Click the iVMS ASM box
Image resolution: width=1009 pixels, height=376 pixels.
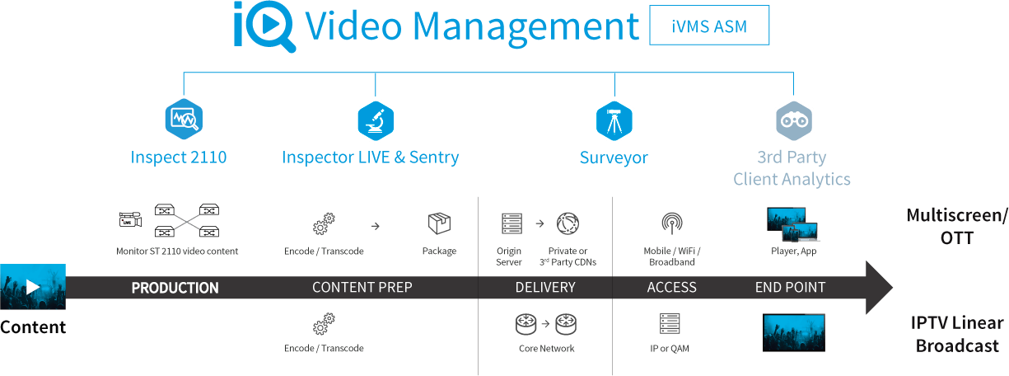pos(709,26)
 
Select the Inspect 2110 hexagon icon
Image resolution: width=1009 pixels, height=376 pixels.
pos(184,120)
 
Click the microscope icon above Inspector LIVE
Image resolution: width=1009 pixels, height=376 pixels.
pos(376,120)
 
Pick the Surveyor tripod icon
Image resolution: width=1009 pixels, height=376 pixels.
pos(614,120)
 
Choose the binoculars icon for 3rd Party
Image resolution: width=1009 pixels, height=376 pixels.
pos(793,120)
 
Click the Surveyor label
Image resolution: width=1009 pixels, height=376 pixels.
pos(614,157)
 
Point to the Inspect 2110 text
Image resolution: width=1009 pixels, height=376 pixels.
pos(179,157)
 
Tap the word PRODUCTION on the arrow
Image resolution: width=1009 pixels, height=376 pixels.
pos(175,288)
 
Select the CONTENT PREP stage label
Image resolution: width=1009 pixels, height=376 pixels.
pos(362,288)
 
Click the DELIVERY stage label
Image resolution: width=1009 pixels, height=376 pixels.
pos(545,288)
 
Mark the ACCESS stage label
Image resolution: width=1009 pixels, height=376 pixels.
pos(672,288)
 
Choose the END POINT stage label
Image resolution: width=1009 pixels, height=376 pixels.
pos(790,288)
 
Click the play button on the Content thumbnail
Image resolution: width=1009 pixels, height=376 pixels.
pos(33,287)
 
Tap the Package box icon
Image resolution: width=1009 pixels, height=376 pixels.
pos(439,223)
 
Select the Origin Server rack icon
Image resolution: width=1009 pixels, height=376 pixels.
pos(512,223)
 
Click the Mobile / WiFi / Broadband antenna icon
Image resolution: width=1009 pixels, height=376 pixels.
pos(671,223)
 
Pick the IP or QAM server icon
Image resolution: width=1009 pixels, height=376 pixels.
pos(669,322)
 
